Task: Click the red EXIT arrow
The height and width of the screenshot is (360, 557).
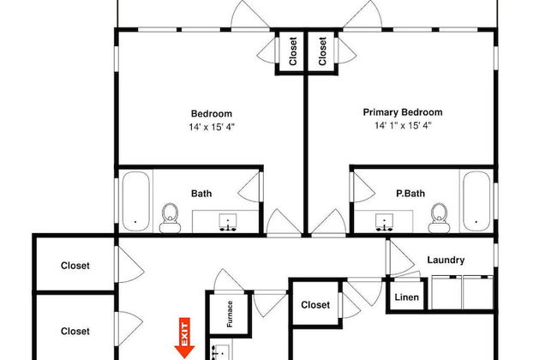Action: click(x=184, y=338)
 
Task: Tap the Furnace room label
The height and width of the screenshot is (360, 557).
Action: click(x=230, y=314)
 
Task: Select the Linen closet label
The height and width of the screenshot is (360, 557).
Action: click(x=407, y=297)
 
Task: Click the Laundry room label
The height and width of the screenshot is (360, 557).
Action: click(x=446, y=260)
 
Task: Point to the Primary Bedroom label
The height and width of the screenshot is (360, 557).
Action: click(x=403, y=112)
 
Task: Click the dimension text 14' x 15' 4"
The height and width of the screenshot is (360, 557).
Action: click(x=212, y=127)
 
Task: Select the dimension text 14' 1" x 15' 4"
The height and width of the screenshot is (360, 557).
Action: click(x=403, y=125)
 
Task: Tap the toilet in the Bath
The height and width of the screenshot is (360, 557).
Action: click(x=171, y=218)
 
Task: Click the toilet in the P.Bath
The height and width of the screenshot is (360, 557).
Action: click(x=440, y=218)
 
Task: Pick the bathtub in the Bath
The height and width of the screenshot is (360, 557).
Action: click(x=135, y=201)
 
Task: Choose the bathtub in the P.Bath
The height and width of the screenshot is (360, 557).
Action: click(x=476, y=201)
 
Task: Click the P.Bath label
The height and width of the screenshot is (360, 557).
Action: click(x=410, y=194)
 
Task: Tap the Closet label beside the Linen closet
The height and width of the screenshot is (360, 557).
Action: click(x=315, y=305)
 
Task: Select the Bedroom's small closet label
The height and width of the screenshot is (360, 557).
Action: click(x=293, y=51)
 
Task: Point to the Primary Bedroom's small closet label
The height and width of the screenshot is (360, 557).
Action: click(x=322, y=51)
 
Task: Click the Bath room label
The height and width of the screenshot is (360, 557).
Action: click(x=201, y=194)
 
